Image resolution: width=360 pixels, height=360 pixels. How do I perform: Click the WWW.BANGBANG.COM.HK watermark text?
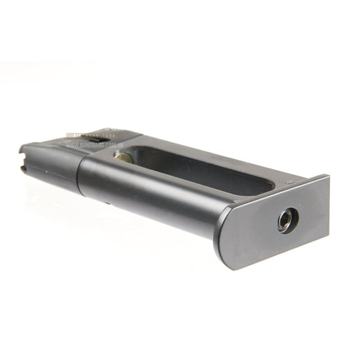click(94, 145)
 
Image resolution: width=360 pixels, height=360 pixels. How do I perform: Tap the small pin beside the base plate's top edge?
click(288, 182)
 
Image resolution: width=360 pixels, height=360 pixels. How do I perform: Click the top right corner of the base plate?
click(328, 175)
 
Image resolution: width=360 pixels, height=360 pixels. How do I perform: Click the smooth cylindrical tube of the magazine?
click(150, 190)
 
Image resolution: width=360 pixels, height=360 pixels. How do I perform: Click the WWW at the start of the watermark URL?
click(70, 145)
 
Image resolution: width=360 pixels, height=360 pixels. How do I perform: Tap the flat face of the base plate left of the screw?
click(250, 230)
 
